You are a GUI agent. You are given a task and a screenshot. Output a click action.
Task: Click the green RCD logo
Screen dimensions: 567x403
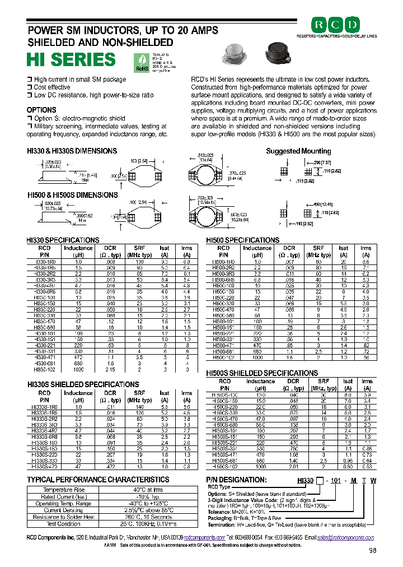336,25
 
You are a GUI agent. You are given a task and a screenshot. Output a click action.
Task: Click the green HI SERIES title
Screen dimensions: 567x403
71,59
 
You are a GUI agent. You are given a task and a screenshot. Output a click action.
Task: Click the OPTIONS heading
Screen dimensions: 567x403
41,110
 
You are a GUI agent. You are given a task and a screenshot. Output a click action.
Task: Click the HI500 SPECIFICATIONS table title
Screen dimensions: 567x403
242,240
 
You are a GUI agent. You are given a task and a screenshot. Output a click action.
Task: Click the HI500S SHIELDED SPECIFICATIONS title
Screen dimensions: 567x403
262,373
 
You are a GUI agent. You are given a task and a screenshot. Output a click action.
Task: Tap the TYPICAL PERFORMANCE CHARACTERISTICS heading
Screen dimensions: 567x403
98,480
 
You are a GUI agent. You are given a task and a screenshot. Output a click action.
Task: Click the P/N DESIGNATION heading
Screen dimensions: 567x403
235,480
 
